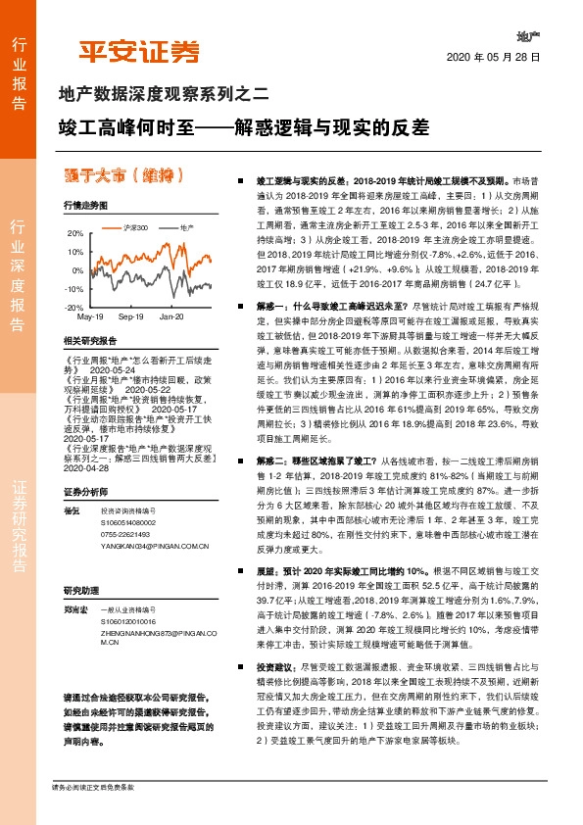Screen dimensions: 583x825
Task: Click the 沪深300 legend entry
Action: [x=133, y=227]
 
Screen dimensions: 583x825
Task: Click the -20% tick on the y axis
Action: [x=74, y=308]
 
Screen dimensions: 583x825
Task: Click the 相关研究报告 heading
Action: [x=89, y=341]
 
